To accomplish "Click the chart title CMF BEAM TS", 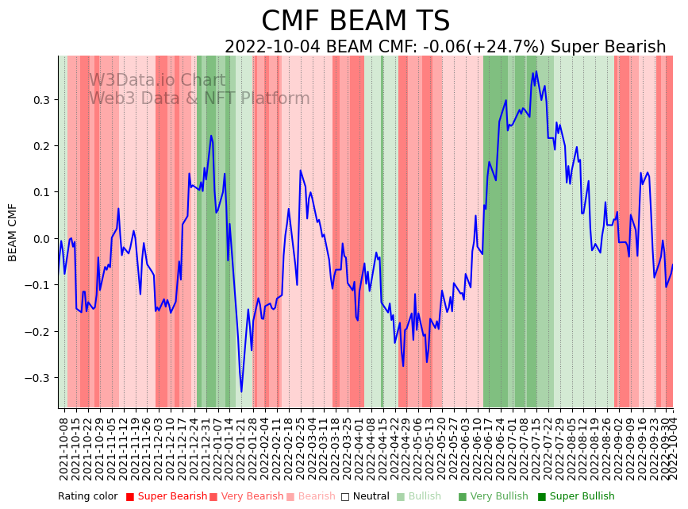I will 356,21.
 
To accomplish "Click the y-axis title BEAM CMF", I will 13,232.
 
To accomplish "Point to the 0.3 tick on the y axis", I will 40,100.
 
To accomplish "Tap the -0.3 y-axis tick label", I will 38,378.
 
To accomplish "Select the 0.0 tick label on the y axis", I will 40,239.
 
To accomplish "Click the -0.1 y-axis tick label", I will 38,285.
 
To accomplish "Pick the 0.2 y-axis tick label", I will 40,146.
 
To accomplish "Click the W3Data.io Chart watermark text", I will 157,81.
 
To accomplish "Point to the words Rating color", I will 87,497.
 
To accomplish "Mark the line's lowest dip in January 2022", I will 242,391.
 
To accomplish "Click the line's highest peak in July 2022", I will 536,71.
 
